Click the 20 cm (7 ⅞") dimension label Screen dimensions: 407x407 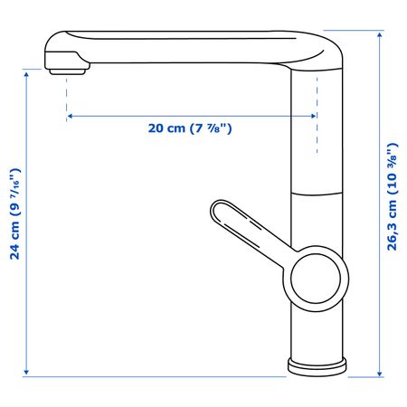tap(190, 128)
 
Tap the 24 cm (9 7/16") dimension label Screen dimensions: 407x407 tap(14, 214)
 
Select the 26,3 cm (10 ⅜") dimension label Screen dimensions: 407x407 tap(393, 196)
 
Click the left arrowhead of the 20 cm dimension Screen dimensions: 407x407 tap(70, 116)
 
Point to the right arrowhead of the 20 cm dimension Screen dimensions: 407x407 tap(314, 116)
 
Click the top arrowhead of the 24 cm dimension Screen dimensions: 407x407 tap(26, 75)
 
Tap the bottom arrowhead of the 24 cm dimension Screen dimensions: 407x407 tap(26, 373)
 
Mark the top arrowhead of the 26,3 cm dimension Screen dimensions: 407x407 tap(380, 35)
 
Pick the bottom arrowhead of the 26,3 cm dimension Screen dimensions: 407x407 tap(380, 373)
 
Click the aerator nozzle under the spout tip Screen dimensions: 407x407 tap(67, 71)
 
